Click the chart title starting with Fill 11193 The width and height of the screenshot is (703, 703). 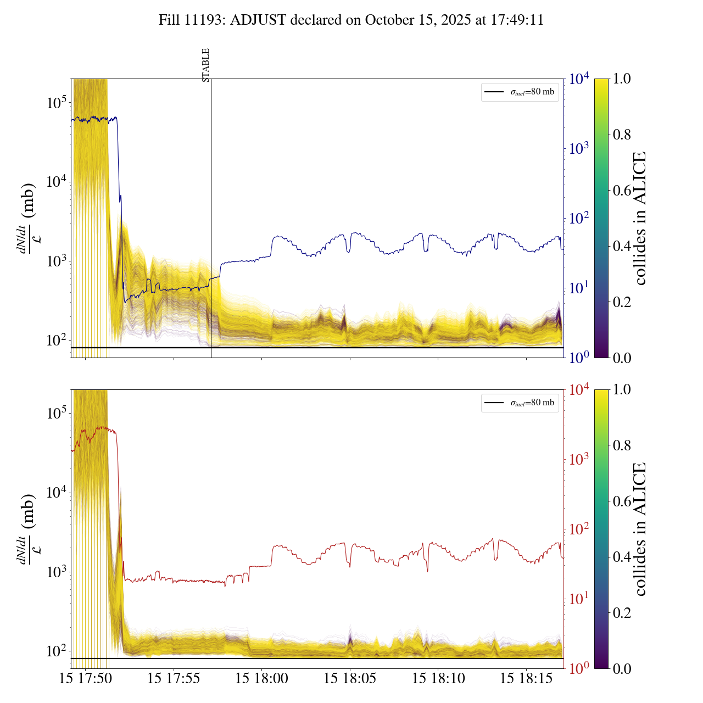click(351, 20)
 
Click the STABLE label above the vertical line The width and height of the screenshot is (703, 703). click(206, 65)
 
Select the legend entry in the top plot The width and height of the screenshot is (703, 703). click(520, 92)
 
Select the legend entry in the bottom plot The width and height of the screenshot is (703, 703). click(520, 403)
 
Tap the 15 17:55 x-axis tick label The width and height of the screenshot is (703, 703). click(174, 679)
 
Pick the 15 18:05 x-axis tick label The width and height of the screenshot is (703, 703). click(350, 679)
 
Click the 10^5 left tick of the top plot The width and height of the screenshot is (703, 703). click(56, 102)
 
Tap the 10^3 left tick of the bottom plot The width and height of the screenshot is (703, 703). click(56, 572)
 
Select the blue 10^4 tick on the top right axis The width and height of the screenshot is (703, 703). click(579, 79)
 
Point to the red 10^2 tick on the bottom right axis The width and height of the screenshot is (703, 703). click(579, 529)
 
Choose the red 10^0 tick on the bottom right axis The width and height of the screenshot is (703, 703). click(579, 668)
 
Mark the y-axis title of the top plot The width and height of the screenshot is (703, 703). click(27, 218)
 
